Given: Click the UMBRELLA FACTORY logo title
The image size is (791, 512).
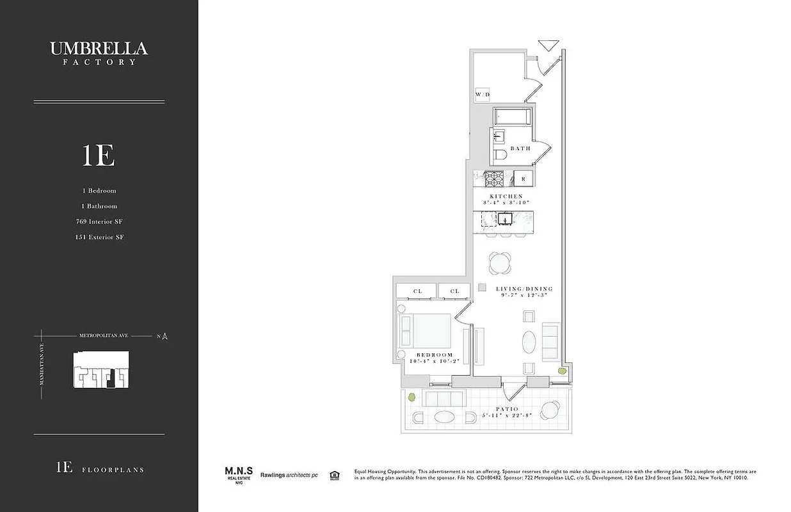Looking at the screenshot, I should click(99, 52).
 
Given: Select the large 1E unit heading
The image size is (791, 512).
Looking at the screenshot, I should click(98, 156).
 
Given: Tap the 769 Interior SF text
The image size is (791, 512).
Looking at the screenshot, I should click(99, 221).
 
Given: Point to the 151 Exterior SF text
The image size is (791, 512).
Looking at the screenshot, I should click(99, 237).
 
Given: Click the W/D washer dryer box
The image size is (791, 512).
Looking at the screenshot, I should click(483, 94).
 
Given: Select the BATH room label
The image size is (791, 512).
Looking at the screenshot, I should click(520, 148).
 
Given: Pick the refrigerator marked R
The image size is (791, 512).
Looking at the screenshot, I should click(523, 179).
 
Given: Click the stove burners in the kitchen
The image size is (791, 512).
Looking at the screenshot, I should click(495, 178).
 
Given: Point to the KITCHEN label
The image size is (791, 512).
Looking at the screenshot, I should click(506, 196).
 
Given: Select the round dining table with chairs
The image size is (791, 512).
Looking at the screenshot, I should click(500, 263).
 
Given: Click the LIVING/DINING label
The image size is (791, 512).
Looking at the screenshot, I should click(524, 289).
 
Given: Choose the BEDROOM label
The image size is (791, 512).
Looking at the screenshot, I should click(435, 355).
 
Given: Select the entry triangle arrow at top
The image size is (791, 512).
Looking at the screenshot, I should click(548, 45).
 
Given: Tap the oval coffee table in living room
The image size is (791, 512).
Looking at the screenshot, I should click(529, 342).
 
